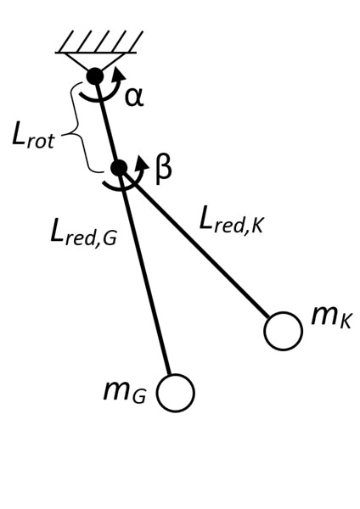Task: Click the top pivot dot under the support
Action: pyautogui.click(x=95, y=76)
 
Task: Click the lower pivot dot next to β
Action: pyautogui.click(x=119, y=168)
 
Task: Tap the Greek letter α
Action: pyautogui.click(x=134, y=98)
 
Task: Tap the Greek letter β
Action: pyautogui.click(x=163, y=171)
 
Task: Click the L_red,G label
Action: pyautogui.click(x=83, y=234)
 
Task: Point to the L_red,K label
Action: pyautogui.click(x=231, y=220)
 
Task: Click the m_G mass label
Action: pyautogui.click(x=125, y=392)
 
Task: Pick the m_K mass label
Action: pyautogui.click(x=331, y=317)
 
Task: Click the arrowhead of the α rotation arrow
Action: pyautogui.click(x=120, y=75)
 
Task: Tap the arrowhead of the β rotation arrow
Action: pyautogui.click(x=143, y=162)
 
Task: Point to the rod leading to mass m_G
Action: pyautogui.click(x=144, y=272)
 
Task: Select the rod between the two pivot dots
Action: pyautogui.click(x=107, y=122)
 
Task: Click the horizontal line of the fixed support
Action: pyautogui.click(x=96, y=53)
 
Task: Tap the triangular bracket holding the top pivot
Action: pyautogui.click(x=95, y=62)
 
